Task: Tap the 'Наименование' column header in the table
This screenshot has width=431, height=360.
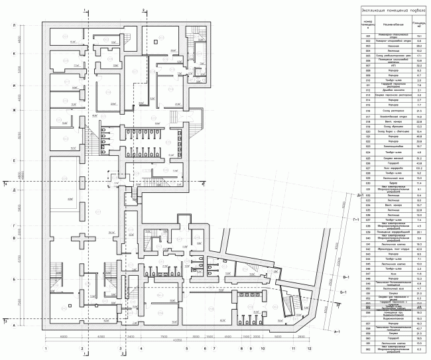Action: pos(386,25)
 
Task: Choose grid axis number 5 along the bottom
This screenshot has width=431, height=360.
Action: pos(186,347)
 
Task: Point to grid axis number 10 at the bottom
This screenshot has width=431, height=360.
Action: pos(263,347)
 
